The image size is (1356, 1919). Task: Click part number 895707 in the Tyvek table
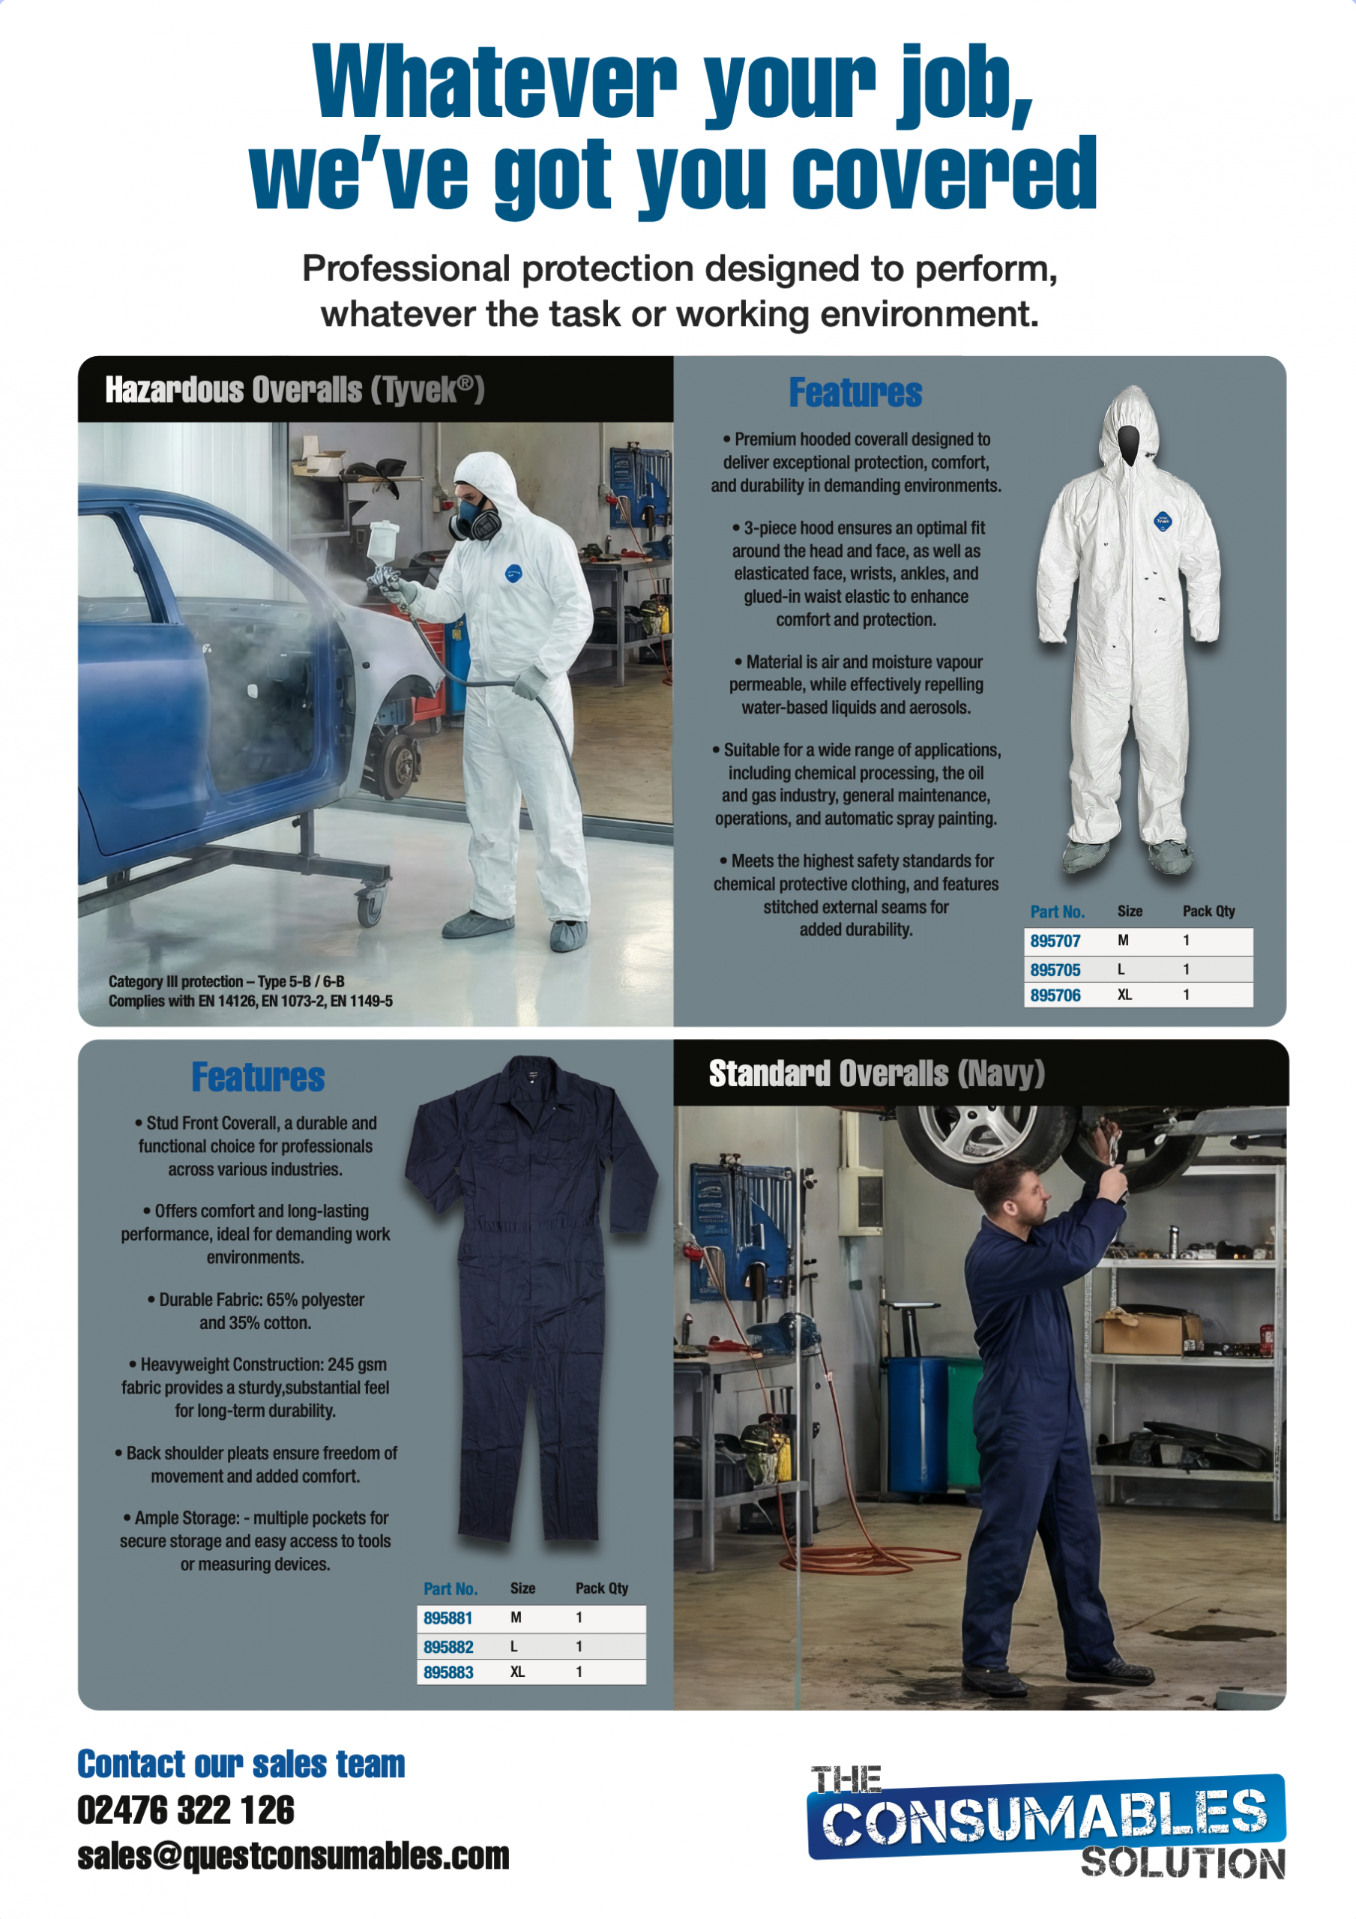(x=1055, y=941)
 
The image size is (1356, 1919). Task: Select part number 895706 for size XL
(x=1055, y=995)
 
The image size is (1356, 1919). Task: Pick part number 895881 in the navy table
(x=448, y=1618)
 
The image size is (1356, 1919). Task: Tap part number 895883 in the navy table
(x=448, y=1672)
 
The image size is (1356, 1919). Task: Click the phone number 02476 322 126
(x=186, y=1810)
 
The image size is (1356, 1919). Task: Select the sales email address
(x=293, y=1856)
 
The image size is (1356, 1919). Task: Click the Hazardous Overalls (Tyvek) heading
(x=295, y=390)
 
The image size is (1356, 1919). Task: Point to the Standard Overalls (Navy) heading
(x=877, y=1074)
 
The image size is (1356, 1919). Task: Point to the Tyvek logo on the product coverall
(x=1163, y=521)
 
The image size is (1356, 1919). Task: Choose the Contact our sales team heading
(x=241, y=1764)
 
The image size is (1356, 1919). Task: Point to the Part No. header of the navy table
(x=450, y=1589)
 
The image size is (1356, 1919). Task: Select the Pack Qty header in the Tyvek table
(x=1208, y=911)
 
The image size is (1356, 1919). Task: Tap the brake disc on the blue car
(x=400, y=762)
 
